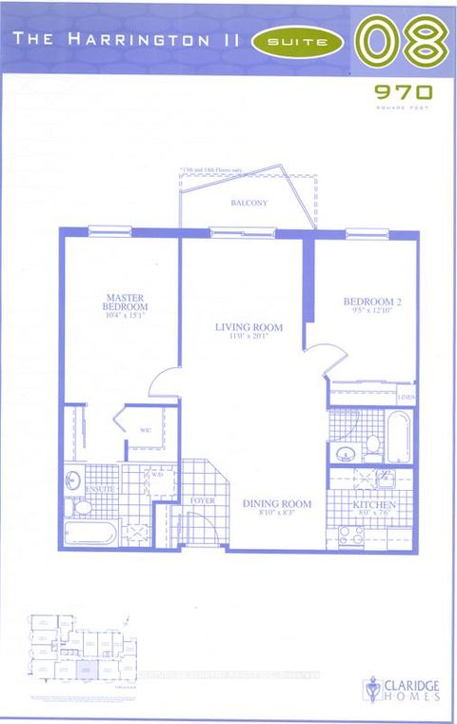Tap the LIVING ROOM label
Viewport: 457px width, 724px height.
coord(243,328)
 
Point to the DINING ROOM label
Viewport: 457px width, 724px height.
coord(276,503)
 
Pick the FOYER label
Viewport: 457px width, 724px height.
coord(203,499)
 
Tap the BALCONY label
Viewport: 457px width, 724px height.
coord(248,204)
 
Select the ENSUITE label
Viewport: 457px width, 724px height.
coord(99,489)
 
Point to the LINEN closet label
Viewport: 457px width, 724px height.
coord(407,396)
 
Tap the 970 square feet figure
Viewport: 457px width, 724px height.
coord(404,92)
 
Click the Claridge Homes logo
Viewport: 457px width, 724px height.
coord(400,688)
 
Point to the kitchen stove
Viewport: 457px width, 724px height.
coord(351,536)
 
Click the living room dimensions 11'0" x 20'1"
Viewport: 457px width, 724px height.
coord(243,338)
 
